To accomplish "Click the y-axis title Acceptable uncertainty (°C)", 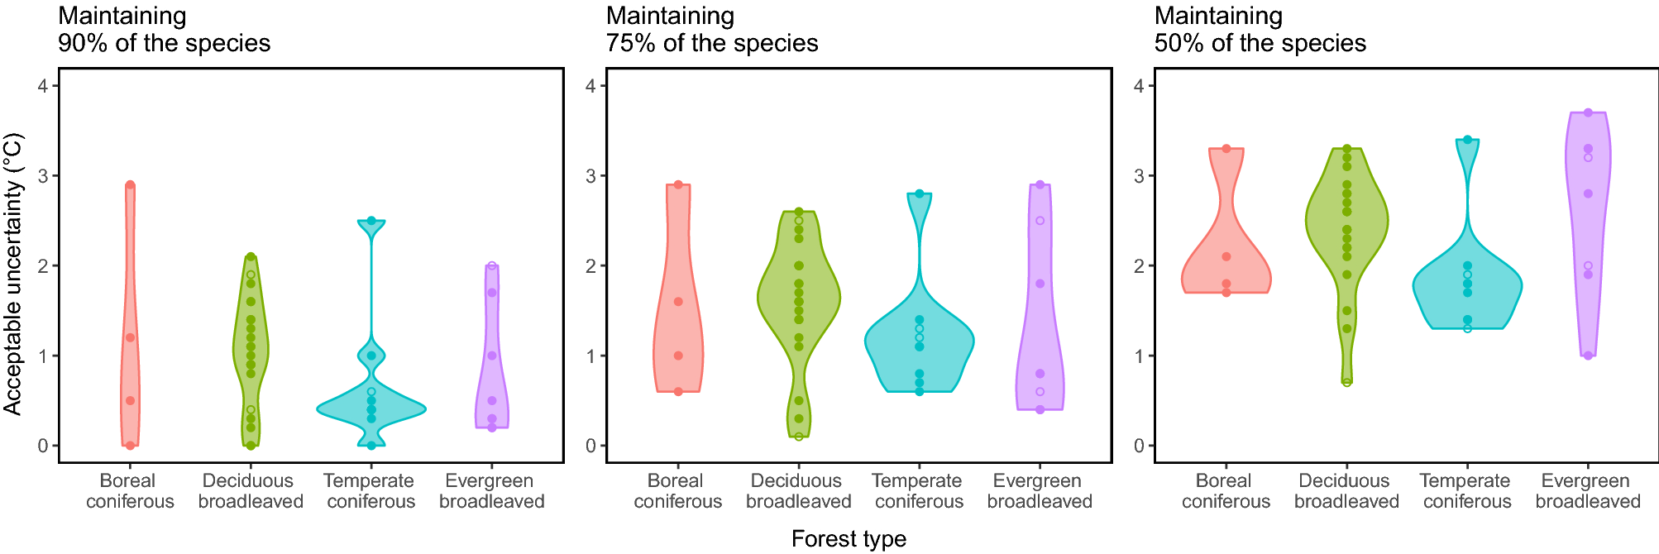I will (x=12, y=275).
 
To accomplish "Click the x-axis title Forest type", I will (x=849, y=539).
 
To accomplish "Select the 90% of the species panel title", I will (x=164, y=30).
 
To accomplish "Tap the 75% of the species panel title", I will (x=711, y=30).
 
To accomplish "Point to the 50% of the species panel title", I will (x=1260, y=30).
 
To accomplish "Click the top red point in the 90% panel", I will (x=130, y=185).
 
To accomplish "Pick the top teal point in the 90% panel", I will (x=371, y=221).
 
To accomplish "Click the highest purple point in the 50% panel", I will (x=1588, y=112).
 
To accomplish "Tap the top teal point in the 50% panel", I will (x=1467, y=140).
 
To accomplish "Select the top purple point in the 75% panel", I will (x=1040, y=184).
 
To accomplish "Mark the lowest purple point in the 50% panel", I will (x=1588, y=356).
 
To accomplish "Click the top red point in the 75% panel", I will (x=678, y=184).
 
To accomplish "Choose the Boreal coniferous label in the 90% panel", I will (x=129, y=491).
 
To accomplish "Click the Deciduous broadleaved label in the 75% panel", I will (x=798, y=491).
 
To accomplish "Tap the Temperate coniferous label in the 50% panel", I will (x=1466, y=491).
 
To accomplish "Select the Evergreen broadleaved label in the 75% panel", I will (x=1039, y=491).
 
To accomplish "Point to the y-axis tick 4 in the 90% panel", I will (x=42, y=86).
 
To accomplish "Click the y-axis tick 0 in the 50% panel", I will (x=1139, y=446).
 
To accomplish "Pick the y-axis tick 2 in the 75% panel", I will (x=590, y=265).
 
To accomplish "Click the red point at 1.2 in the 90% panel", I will (x=130, y=337).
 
